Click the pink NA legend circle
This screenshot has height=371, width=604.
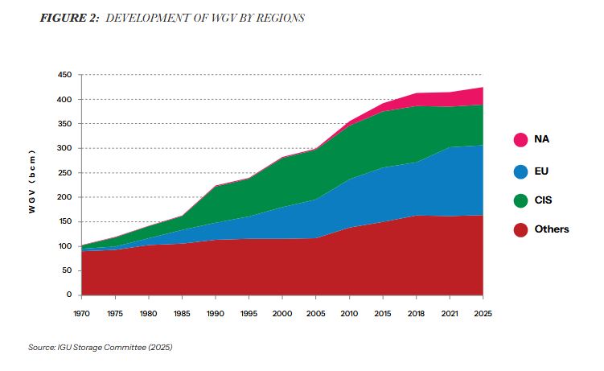coord(520,139)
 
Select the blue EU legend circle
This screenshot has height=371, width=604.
coord(520,171)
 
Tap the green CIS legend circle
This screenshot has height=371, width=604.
coord(520,200)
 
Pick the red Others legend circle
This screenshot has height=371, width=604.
coord(520,229)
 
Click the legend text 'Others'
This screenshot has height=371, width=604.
coord(552,229)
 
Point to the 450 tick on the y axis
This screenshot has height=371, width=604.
coord(65,75)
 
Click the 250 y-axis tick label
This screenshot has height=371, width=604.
coord(65,173)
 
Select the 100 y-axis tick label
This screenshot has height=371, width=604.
coord(65,246)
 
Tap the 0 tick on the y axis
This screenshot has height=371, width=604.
coord(70,295)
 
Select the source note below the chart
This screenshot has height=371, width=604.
coord(100,347)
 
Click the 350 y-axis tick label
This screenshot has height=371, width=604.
coord(65,124)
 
